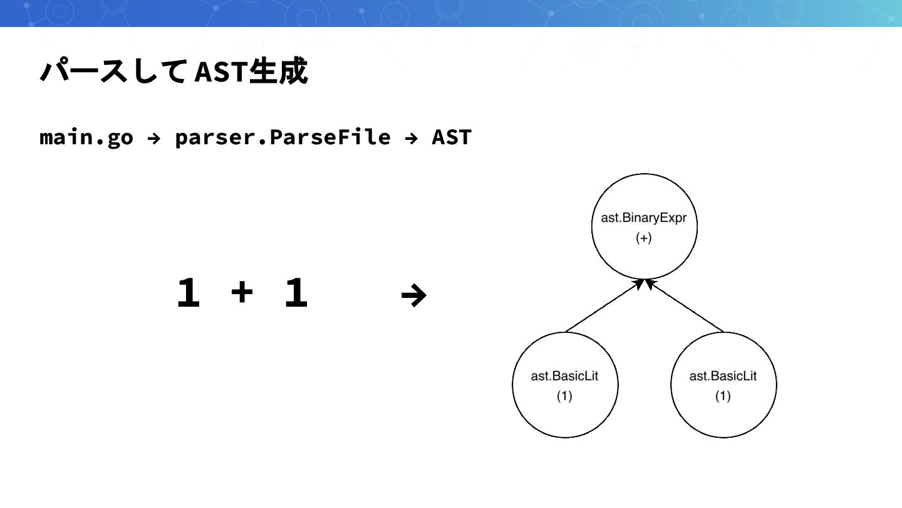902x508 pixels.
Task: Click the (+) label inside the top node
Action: click(644, 239)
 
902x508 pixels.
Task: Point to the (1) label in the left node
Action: click(564, 396)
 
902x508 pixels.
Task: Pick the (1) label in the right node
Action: click(723, 396)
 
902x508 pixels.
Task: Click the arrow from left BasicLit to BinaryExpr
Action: click(604, 306)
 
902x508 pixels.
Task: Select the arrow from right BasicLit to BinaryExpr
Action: click(685, 306)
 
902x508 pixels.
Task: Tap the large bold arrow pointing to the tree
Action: click(413, 294)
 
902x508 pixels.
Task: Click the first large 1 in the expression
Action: click(188, 294)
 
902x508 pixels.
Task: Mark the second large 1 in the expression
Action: click(296, 294)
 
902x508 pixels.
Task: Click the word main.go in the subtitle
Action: click(86, 137)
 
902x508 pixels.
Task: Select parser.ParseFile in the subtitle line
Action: click(283, 137)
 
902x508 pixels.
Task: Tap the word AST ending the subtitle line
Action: click(451, 137)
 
